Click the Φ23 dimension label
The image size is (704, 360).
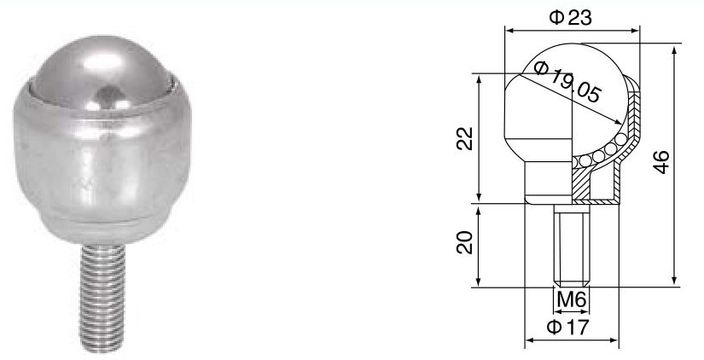coord(571,16)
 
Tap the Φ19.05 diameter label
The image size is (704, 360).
coord(566,79)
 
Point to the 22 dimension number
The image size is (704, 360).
coord(463,137)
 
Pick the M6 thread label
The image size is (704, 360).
coord(571,299)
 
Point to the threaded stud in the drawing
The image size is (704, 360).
coord(571,243)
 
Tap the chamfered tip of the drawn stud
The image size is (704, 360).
coord(571,282)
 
